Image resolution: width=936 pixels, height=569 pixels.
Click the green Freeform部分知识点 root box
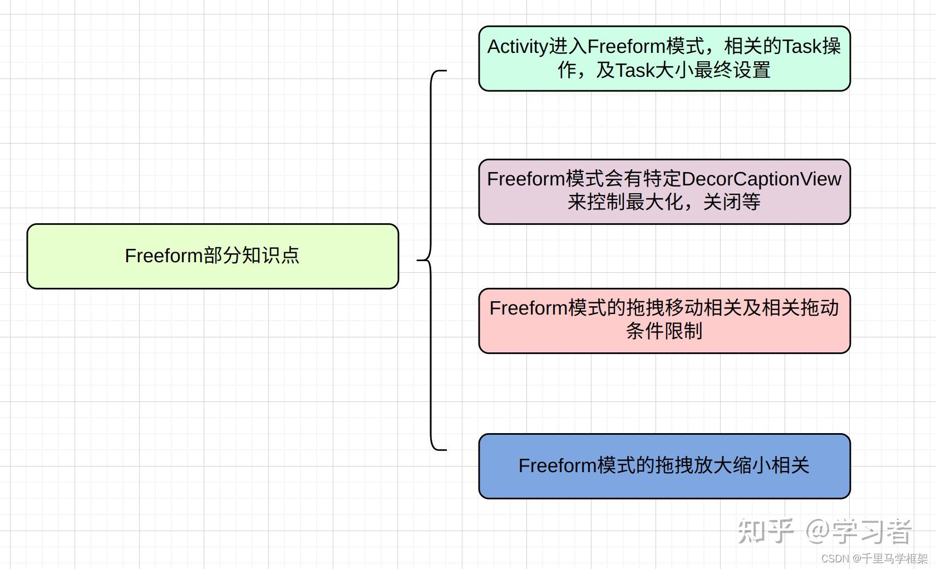[213, 256]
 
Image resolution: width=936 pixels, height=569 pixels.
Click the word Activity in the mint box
[518, 47]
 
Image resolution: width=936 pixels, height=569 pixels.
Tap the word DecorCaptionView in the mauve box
[761, 179]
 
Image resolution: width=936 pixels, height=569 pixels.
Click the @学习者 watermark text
[858, 531]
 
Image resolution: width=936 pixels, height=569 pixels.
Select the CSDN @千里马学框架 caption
[874, 558]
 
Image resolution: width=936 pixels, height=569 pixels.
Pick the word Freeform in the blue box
[557, 466]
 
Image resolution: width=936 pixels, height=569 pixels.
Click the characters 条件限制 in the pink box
[664, 331]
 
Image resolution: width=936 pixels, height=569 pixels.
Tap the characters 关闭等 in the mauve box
[732, 202]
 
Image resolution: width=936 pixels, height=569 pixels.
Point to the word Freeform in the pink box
[528, 308]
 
